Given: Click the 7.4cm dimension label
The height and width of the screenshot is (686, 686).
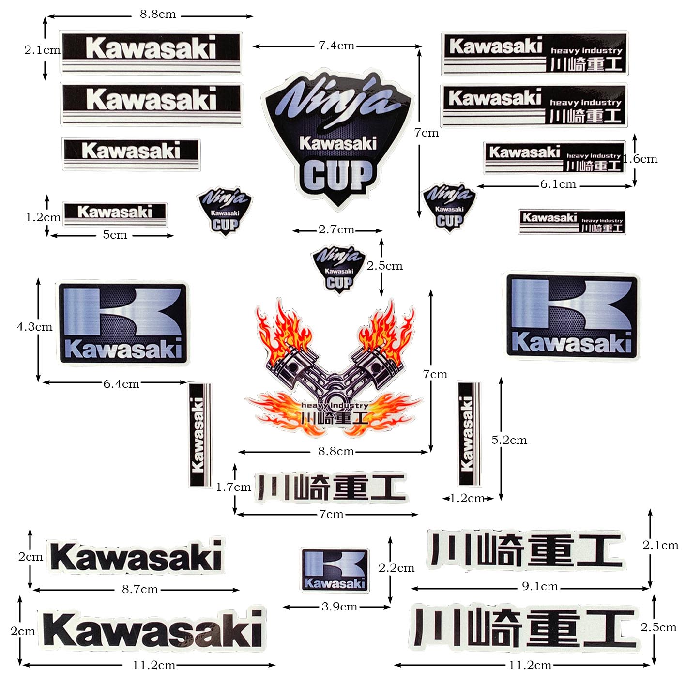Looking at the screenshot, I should pyautogui.click(x=336, y=46).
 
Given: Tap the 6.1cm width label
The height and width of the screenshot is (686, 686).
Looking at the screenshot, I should pyautogui.click(x=558, y=184).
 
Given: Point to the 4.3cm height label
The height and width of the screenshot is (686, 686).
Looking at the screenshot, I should pyautogui.click(x=34, y=327).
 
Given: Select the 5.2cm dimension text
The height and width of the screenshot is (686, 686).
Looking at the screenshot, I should pyautogui.click(x=509, y=440).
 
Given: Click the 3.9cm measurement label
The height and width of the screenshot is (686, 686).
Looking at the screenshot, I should pyautogui.click(x=339, y=607).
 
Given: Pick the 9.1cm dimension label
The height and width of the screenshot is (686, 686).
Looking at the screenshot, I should pyautogui.click(x=540, y=587).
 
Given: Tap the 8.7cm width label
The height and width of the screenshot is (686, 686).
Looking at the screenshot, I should pyautogui.click(x=139, y=589).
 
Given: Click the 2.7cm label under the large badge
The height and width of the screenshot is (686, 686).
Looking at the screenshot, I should pyautogui.click(x=336, y=229).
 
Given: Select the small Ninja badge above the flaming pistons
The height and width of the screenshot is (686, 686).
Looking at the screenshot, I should pyautogui.click(x=338, y=269).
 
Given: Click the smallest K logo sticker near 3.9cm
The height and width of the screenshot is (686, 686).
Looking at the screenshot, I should pyautogui.click(x=334, y=570).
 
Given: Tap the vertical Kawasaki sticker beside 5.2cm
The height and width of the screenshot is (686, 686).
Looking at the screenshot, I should pyautogui.click(x=468, y=433).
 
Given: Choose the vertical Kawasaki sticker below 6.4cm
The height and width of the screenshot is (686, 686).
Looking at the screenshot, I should pyautogui.click(x=199, y=435).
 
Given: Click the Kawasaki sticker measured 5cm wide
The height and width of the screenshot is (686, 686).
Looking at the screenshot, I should pyautogui.click(x=115, y=213).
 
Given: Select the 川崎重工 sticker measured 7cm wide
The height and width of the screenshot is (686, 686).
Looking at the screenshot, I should pyautogui.click(x=331, y=487).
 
